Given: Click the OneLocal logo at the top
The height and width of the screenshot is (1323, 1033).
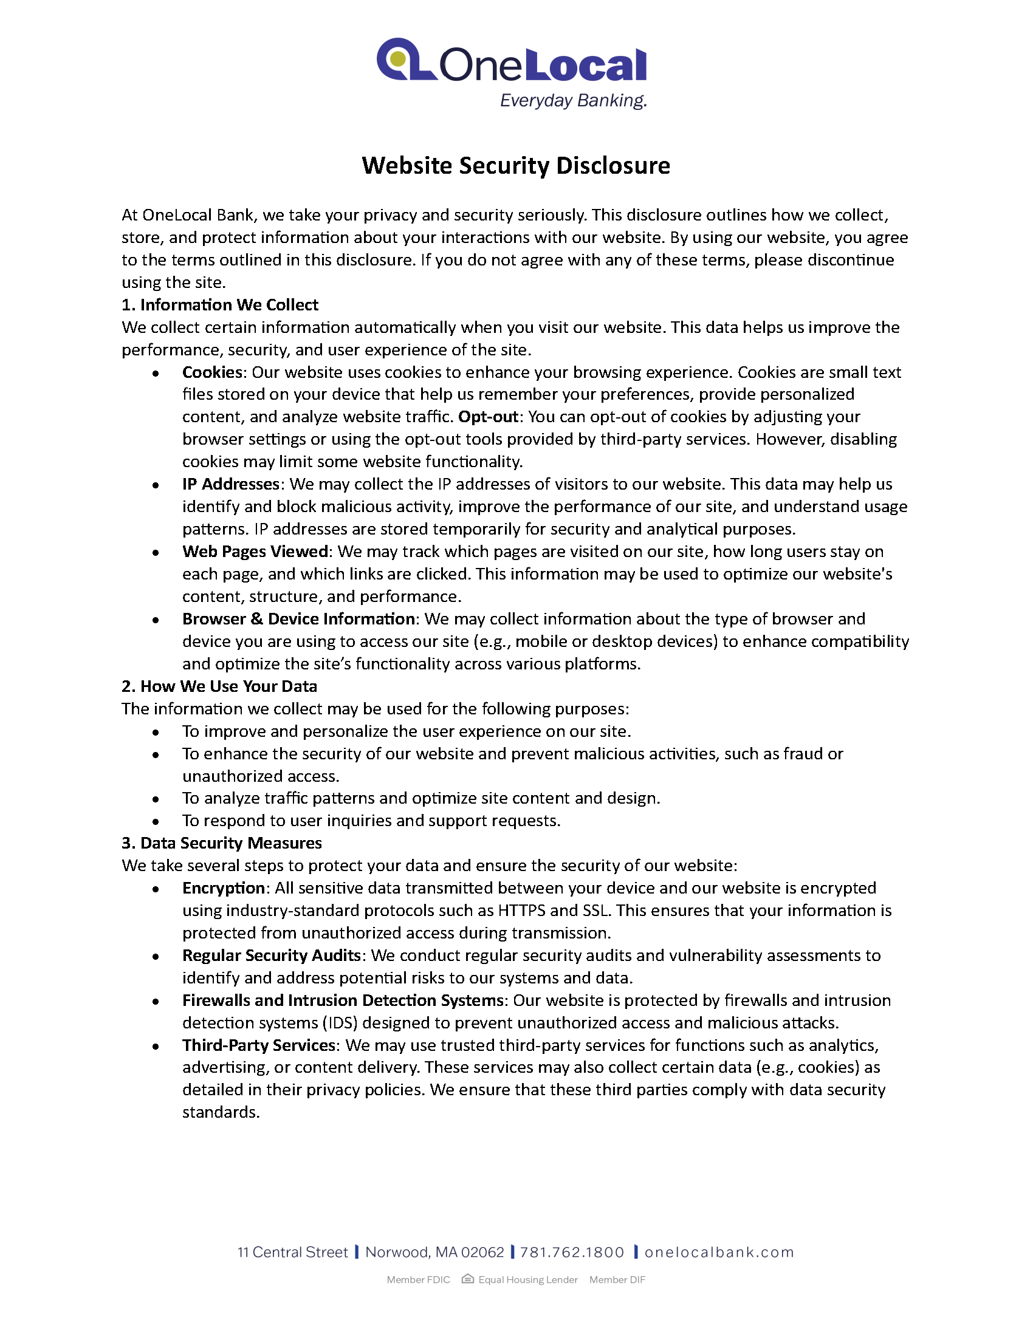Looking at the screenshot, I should point(512,61).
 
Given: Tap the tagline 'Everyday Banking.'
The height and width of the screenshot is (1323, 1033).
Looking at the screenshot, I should point(573,100).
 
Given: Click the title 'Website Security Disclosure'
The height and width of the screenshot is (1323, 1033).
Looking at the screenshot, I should point(516,166).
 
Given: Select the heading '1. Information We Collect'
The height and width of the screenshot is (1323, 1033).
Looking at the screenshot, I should point(220,305).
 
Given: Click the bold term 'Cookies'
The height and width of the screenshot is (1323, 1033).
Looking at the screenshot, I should point(212,372).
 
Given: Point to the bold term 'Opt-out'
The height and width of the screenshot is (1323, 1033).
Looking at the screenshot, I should point(489,417).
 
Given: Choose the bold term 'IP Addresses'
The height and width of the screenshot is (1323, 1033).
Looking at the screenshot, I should point(231,484).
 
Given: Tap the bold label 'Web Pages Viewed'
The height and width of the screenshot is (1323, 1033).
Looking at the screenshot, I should point(255,552).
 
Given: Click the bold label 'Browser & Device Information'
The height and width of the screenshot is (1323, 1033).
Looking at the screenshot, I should point(298,619).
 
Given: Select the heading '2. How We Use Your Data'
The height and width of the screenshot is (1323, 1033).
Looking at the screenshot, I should point(219,686).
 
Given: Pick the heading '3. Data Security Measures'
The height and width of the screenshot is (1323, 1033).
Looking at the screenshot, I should point(222,843).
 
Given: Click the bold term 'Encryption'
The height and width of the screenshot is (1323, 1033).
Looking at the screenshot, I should point(224,888).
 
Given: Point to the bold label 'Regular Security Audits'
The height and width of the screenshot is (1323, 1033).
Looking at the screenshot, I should point(272,955).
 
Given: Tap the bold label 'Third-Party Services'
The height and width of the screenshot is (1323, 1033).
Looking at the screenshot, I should point(259,1045).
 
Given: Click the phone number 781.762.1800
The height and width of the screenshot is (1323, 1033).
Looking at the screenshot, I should point(572,1253).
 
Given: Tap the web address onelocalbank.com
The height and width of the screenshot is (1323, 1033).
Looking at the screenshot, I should point(719,1253).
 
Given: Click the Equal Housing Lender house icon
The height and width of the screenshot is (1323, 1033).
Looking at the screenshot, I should point(467,1279).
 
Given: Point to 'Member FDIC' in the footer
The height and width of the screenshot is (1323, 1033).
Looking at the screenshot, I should point(418,1280).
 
